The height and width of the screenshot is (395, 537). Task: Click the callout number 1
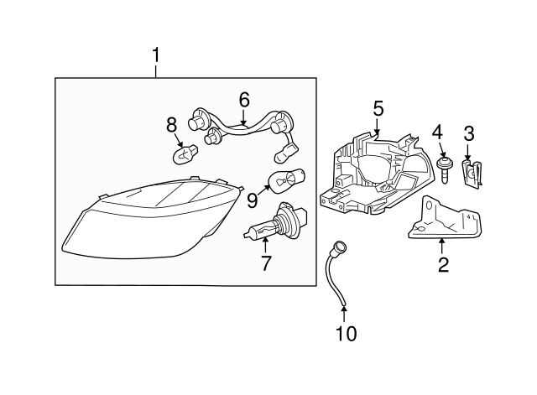point(155,55)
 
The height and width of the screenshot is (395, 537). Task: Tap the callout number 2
point(443,266)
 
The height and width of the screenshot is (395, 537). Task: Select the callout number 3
point(469,133)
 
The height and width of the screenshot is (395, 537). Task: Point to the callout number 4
point(437,132)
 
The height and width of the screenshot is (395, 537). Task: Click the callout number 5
point(378,108)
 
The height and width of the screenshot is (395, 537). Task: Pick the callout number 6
point(244,100)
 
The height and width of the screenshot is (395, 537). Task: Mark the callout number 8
point(171,125)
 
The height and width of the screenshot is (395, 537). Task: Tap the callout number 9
point(251,200)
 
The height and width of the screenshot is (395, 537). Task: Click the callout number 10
point(345,333)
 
